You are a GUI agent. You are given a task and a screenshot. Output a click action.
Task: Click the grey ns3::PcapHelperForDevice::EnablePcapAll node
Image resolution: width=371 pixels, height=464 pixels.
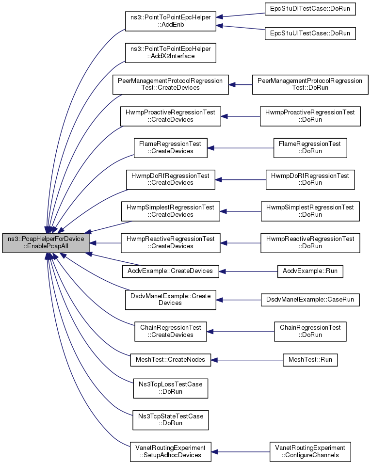point(46,242)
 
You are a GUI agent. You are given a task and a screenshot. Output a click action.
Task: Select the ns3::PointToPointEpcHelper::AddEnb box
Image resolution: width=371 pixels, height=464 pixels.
point(171,21)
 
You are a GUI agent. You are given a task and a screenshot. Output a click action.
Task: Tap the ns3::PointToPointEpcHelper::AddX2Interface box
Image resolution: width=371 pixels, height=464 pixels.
point(171,53)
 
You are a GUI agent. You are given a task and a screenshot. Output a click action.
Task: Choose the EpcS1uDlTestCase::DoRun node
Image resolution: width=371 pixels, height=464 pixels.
point(310,9)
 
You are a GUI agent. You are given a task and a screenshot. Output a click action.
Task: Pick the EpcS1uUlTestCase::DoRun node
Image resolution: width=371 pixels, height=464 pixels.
point(310,33)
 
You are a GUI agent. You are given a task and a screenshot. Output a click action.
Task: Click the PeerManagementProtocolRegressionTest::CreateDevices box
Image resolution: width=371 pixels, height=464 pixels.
point(171,85)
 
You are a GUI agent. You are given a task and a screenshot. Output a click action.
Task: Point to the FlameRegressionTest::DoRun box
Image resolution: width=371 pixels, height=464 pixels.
point(310,148)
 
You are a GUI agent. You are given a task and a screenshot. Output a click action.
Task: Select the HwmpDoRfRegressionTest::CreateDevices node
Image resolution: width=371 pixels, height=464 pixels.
point(171,179)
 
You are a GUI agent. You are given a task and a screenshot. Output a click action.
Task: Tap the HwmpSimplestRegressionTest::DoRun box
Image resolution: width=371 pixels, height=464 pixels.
point(310,211)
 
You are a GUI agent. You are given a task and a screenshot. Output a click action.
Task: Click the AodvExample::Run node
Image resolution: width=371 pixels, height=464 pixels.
point(310,272)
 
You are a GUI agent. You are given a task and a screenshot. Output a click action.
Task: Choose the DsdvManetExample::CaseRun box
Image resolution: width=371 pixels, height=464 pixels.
point(310,300)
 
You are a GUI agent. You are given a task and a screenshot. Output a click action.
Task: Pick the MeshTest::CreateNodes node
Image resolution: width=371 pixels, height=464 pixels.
point(171,360)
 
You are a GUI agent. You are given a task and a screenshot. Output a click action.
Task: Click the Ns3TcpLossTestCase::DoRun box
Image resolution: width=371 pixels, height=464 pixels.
point(171,388)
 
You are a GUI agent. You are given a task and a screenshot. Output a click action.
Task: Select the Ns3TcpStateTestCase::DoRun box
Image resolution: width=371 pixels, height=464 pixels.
point(171,420)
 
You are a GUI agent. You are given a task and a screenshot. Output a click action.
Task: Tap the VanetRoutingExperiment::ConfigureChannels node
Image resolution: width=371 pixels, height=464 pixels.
point(310,452)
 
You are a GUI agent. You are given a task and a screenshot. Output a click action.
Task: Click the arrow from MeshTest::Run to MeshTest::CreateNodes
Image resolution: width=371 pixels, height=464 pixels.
point(247,360)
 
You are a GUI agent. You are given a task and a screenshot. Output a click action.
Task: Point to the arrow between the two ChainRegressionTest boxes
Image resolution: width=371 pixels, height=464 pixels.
point(241,332)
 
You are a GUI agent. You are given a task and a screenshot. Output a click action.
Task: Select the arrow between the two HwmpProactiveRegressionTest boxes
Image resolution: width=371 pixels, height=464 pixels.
point(241,116)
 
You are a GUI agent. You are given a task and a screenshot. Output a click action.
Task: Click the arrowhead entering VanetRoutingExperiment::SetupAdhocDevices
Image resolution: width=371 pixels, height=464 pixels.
point(215,452)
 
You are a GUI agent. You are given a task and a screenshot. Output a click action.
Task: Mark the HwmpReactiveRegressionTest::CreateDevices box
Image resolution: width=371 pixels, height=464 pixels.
point(171,243)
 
